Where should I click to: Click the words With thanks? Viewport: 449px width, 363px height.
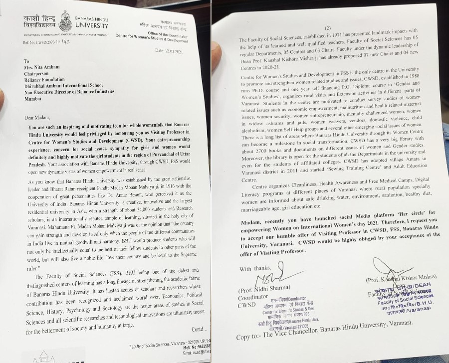point(255,269)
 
